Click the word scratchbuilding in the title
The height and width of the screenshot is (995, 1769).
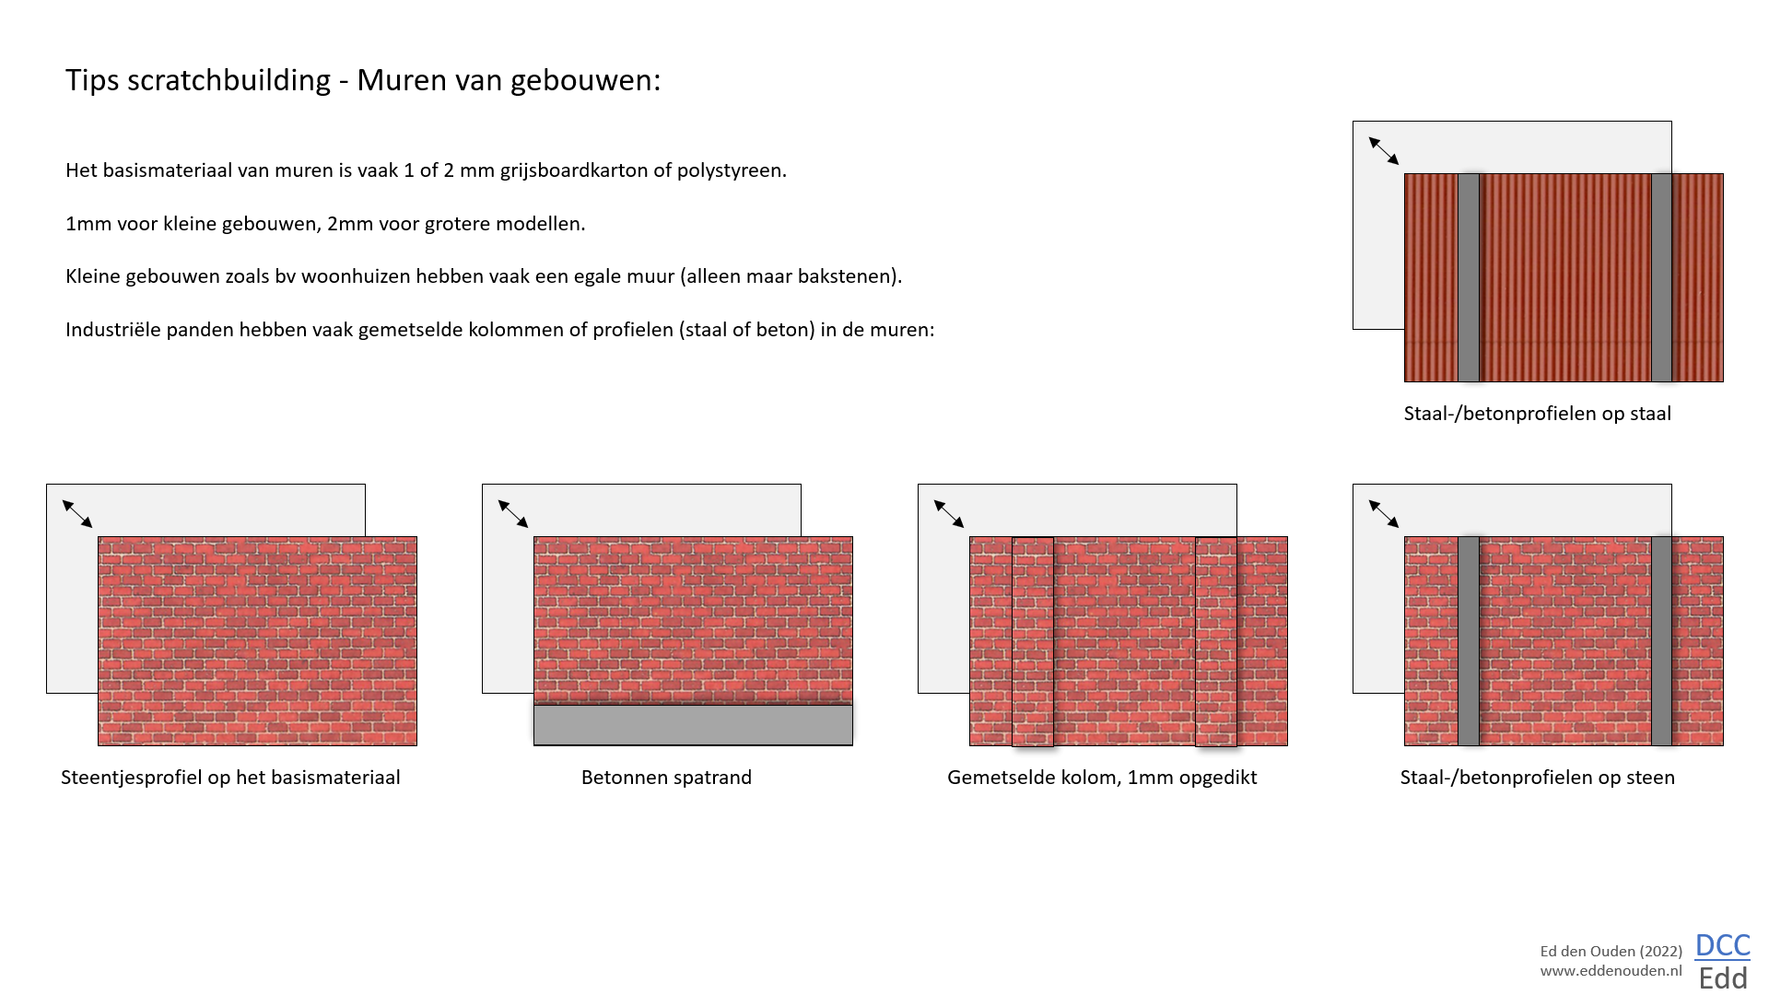(228, 81)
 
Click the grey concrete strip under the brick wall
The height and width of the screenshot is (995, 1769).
(693, 725)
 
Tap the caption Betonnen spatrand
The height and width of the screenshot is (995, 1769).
(666, 778)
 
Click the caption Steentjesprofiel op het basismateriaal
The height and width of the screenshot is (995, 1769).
(230, 778)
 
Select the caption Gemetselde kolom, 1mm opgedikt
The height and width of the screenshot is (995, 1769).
(1102, 778)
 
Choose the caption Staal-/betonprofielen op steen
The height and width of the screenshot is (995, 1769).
(1537, 778)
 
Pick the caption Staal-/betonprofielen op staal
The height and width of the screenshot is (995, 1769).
(1537, 414)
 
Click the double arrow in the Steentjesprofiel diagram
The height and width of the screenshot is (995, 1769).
(77, 514)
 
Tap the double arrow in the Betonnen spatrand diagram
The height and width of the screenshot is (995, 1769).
(513, 514)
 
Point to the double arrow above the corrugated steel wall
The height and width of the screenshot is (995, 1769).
(1384, 151)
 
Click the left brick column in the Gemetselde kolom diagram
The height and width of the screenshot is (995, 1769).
(1033, 641)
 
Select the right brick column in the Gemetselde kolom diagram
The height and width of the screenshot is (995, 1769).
(1216, 641)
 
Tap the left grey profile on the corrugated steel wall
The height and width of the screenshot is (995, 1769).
(1469, 277)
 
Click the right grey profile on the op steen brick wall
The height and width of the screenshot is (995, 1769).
(1661, 641)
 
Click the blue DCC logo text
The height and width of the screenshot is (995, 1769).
(1722, 945)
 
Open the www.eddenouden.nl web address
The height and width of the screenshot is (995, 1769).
(1611, 971)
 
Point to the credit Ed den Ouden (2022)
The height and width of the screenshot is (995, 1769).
(1611, 952)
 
